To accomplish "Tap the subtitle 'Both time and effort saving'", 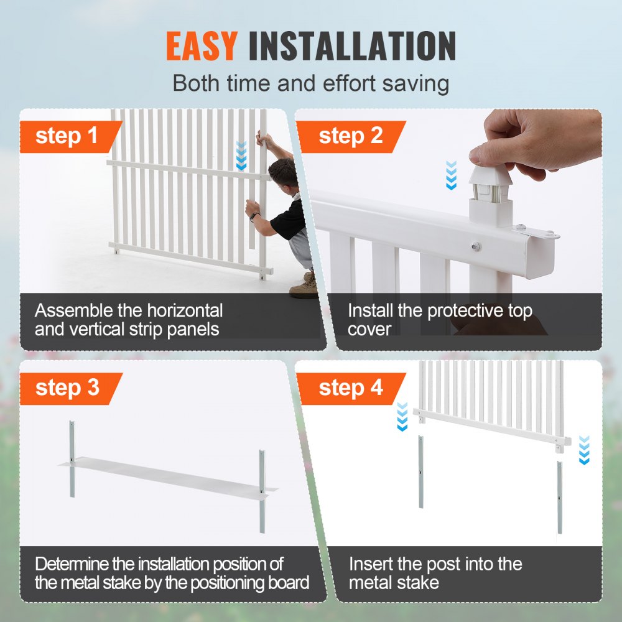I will tap(310, 83).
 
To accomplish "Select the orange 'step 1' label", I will tap(67, 137).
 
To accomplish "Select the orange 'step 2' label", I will tap(351, 137).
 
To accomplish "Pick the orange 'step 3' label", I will tap(67, 388).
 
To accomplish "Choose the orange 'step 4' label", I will tap(351, 388).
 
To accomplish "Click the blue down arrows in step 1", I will tap(241, 156).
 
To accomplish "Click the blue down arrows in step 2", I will tap(452, 175).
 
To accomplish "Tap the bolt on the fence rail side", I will tap(475, 246).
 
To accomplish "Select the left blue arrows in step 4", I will tap(402, 416).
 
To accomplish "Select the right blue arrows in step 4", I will tap(583, 450).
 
